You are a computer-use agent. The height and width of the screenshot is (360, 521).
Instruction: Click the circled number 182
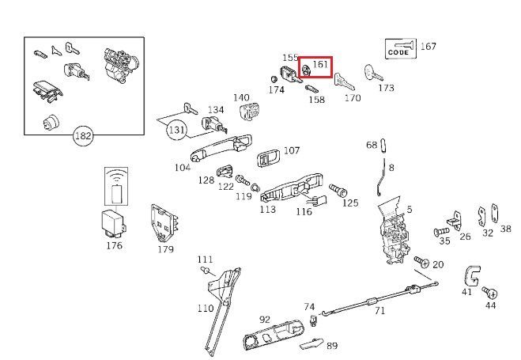(83, 135)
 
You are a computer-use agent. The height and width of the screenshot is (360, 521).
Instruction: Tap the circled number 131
(177, 130)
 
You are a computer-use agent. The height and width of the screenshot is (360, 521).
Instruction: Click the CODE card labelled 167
(399, 48)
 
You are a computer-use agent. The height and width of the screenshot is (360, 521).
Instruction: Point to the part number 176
(114, 245)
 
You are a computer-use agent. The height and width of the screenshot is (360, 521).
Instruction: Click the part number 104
(183, 168)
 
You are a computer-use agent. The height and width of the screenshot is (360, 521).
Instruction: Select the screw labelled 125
(339, 190)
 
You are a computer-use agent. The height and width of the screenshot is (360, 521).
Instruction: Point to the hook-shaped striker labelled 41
(473, 275)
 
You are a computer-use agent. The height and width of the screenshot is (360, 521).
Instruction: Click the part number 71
(379, 311)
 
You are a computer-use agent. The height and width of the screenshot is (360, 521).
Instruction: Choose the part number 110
(205, 308)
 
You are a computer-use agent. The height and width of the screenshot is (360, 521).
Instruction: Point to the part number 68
(372, 145)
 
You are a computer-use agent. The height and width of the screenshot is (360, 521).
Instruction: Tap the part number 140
(241, 97)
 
